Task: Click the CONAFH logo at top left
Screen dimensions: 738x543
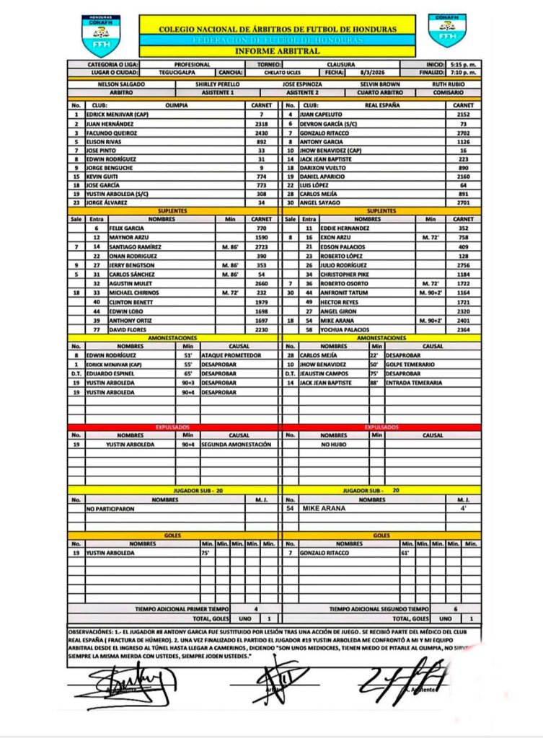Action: [101, 35]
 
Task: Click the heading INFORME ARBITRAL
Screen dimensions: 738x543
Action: [277, 51]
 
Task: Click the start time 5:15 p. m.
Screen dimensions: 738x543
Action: [462, 64]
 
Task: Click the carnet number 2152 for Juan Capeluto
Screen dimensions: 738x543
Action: [464, 114]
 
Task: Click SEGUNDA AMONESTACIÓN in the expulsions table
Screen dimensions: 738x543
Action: [237, 445]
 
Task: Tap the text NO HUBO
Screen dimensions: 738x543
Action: [335, 445]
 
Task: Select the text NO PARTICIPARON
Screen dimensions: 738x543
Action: [110, 508]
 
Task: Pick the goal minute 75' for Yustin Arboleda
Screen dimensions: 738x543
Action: [206, 553]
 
